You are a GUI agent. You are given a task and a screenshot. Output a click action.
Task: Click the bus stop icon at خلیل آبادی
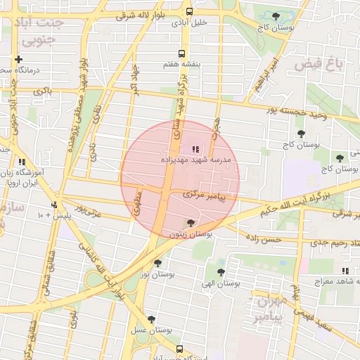(x=189, y=11)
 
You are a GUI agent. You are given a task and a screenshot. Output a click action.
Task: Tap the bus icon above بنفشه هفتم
(x=182, y=53)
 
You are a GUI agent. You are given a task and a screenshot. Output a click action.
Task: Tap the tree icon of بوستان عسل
(x=151, y=320)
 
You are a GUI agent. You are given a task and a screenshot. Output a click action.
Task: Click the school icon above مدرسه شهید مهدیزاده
(x=195, y=149)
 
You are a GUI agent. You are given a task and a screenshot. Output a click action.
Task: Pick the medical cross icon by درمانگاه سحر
(x=18, y=60)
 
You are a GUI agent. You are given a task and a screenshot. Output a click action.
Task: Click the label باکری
(x=41, y=91)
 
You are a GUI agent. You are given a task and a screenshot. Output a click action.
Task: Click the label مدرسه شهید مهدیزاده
(x=200, y=160)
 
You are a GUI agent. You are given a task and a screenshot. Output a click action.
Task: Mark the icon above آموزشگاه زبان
(x=23, y=162)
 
